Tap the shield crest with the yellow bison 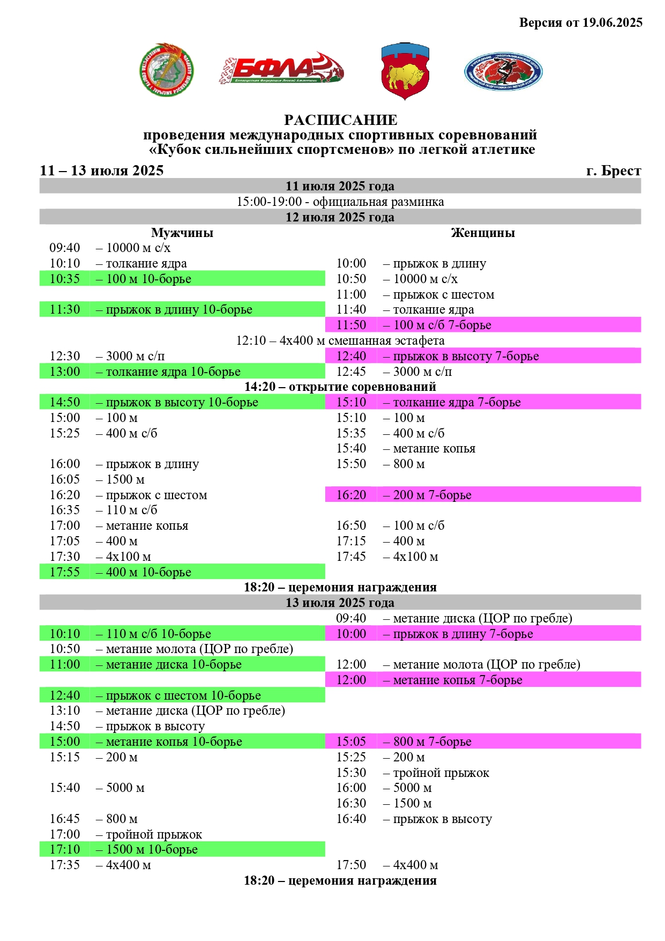coord(405,71)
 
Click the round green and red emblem coord(166,70)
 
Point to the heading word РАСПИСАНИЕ coord(340,120)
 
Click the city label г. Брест coord(614,171)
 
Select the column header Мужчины coord(182,233)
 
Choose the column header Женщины coord(483,233)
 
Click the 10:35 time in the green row coord(65,279)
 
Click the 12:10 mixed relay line coord(340,340)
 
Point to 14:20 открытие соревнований coord(340,387)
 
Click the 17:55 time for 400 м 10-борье coord(65,572)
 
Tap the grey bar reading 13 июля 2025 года coord(340,603)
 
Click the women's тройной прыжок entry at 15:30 coord(441,773)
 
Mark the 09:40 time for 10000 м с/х coord(65,248)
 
